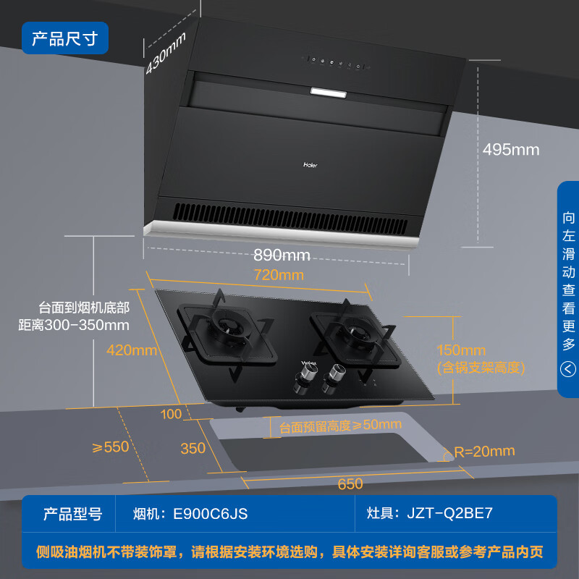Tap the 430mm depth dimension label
point(167,52)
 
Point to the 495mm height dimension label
point(511,150)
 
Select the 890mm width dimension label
point(282,255)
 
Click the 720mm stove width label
point(279,275)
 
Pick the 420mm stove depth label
point(131,350)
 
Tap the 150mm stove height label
point(461,351)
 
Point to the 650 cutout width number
point(350,484)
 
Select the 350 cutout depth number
point(193,449)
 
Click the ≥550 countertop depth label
point(110,447)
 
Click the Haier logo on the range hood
point(310,164)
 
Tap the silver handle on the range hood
point(329,92)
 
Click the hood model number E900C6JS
point(210,514)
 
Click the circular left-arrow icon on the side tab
point(568,370)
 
